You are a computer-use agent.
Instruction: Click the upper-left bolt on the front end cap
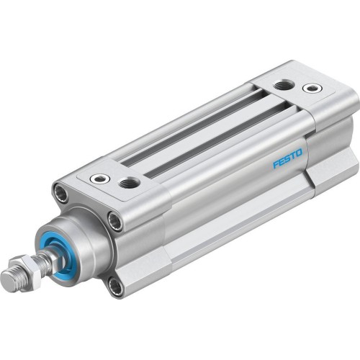pyautogui.click(x=60, y=193)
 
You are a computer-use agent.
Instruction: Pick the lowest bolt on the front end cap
pyautogui.click(x=114, y=287)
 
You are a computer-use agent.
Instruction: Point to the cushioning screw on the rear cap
pyautogui.click(x=312, y=89)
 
